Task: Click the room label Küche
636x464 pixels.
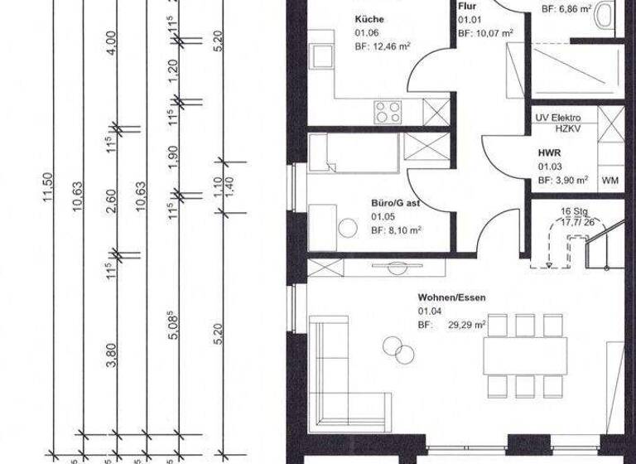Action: point(369,19)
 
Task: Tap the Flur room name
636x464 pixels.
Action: point(467,7)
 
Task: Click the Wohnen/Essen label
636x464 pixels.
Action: point(450,296)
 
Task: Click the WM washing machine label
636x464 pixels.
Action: point(610,179)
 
